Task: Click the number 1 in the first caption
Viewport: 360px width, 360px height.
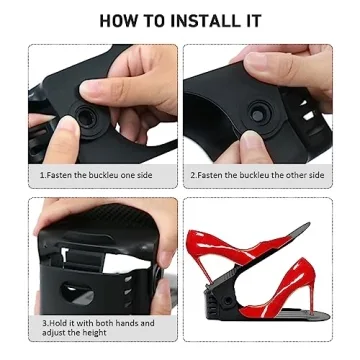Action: pyautogui.click(x=42, y=175)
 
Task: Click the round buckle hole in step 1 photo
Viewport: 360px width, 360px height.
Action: pyautogui.click(x=87, y=118)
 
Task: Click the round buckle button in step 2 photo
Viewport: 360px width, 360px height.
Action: pyautogui.click(x=257, y=115)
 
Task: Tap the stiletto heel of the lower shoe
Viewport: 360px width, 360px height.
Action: pyautogui.click(x=312, y=297)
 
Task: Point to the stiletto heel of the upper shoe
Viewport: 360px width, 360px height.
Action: pyautogui.click(x=202, y=266)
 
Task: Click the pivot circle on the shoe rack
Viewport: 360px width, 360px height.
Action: pyautogui.click(x=228, y=301)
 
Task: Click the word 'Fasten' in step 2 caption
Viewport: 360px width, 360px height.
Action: pyautogui.click(x=209, y=175)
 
